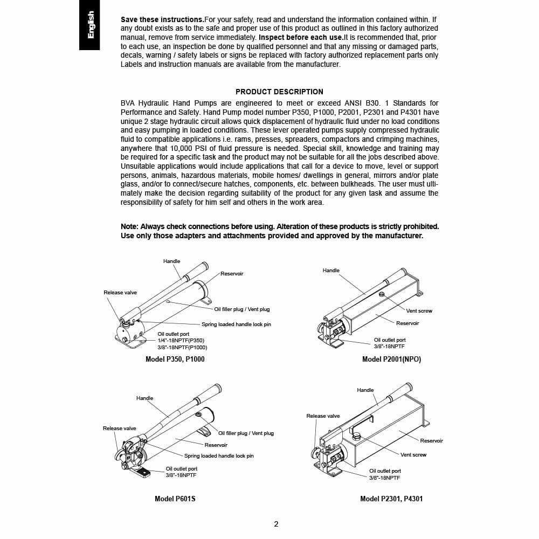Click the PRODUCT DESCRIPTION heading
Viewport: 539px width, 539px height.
pos(279,92)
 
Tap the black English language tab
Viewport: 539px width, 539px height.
pos(89,25)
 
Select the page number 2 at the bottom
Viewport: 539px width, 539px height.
pos(276,524)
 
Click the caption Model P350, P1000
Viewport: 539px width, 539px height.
pos(175,359)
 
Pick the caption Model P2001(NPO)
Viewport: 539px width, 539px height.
pos(391,360)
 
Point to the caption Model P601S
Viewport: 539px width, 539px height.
pos(175,499)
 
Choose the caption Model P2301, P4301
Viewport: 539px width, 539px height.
pos(391,499)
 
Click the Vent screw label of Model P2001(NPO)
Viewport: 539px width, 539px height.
pos(419,311)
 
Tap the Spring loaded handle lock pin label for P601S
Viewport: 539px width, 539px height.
pos(219,456)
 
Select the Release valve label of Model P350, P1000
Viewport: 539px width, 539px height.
pos(120,293)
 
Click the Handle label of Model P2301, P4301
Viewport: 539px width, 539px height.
pos(365,390)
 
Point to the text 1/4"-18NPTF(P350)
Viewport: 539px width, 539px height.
pos(181,341)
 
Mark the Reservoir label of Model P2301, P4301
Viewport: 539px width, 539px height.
pos(431,441)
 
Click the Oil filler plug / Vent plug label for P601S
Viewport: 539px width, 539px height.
pos(246,433)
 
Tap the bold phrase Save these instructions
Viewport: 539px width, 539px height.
pos(162,19)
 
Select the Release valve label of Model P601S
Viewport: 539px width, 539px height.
pos(119,429)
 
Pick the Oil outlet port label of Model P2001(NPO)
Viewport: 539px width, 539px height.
pos(390,340)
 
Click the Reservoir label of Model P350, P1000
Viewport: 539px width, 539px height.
pos(232,274)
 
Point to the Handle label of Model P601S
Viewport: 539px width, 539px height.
pos(144,398)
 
